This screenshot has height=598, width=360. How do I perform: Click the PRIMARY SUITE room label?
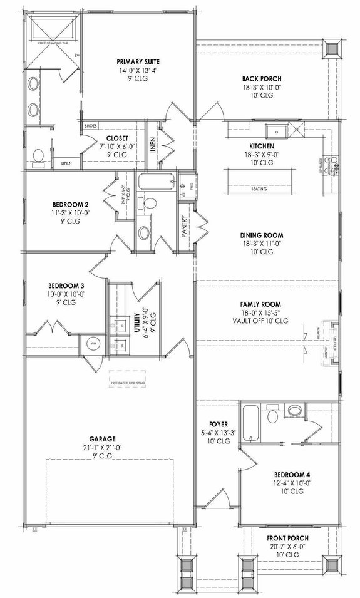138,62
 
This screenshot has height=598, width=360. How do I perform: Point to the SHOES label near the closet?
90,126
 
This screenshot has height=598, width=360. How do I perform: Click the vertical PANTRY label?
185,229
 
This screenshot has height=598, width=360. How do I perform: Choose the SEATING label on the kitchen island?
258,188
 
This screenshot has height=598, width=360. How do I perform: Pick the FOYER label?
219,424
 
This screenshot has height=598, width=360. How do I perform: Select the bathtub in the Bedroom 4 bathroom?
249,424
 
